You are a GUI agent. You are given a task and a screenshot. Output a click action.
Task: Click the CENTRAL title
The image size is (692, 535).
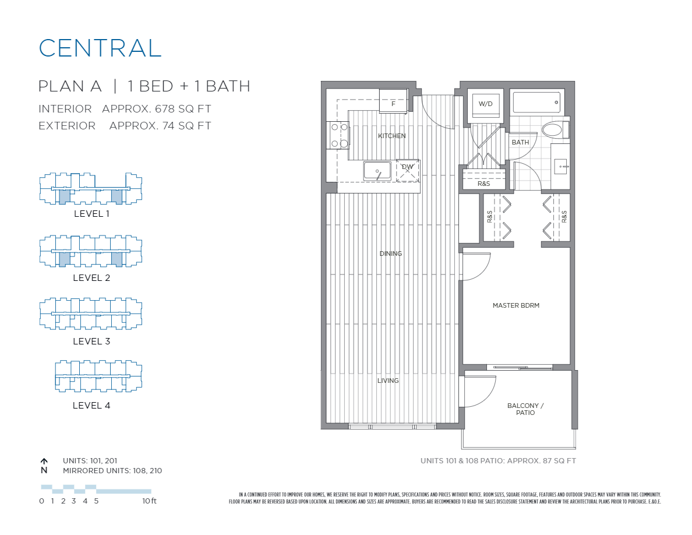pyautogui.click(x=100, y=48)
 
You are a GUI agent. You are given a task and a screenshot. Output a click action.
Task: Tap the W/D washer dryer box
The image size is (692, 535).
pyautogui.click(x=485, y=104)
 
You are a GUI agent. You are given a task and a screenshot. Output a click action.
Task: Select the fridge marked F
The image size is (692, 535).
pyautogui.click(x=394, y=103)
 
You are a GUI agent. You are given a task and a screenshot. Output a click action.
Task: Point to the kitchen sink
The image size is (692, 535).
pyautogui.click(x=377, y=171)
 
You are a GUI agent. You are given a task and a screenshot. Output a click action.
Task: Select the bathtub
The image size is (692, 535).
pyautogui.click(x=536, y=102)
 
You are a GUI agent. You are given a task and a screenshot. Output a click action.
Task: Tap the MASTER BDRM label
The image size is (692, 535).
pyautogui.click(x=516, y=305)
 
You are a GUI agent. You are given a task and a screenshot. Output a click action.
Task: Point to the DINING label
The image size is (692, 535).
pyautogui.click(x=390, y=254)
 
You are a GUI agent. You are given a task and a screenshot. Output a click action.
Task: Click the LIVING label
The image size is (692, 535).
pyautogui.click(x=388, y=381)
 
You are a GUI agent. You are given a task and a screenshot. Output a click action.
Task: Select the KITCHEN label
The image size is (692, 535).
pyautogui.click(x=391, y=136)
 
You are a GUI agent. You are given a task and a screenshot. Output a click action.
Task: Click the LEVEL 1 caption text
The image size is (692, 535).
pyautogui.click(x=91, y=214)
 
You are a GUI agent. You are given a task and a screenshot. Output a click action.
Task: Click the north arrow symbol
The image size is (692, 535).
pyautogui.click(x=44, y=461)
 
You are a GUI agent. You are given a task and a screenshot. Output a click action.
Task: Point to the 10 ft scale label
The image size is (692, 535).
pyautogui.click(x=149, y=501)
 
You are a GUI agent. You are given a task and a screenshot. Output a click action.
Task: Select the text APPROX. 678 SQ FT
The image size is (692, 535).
pyautogui.click(x=156, y=109)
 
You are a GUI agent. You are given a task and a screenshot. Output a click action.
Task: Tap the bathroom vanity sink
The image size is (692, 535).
pyautogui.click(x=560, y=166)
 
